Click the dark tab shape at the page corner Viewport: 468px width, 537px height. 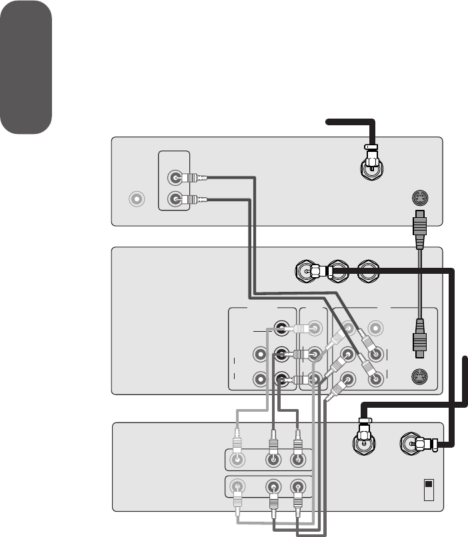point(26,67)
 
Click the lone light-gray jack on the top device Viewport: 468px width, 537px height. point(137,199)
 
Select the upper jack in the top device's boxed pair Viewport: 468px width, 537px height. point(175,178)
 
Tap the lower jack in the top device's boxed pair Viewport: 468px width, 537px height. point(175,199)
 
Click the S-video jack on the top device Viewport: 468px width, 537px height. point(420,199)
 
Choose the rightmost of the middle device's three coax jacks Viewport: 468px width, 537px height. point(369,271)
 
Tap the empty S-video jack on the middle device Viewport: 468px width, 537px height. point(420,377)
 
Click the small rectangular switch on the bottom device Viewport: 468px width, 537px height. point(428,490)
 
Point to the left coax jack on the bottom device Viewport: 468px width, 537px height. point(364,444)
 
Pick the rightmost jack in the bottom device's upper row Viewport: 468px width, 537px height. point(297,459)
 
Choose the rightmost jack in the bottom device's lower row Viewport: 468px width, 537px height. point(297,486)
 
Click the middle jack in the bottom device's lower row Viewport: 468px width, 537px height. point(273,486)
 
